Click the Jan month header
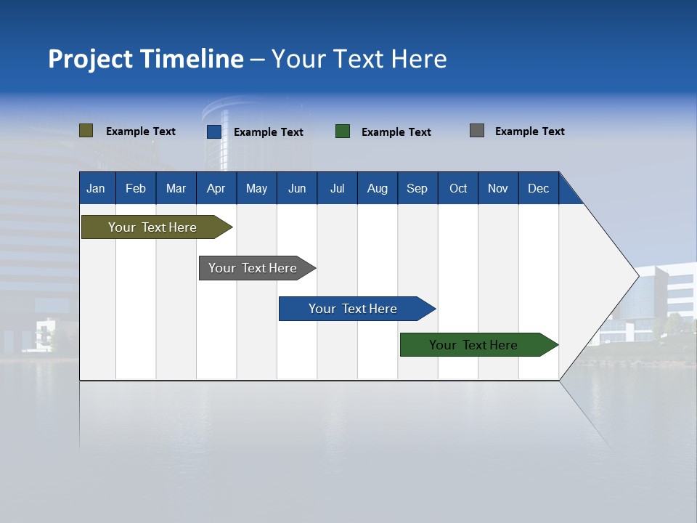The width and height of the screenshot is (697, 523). pyautogui.click(x=96, y=188)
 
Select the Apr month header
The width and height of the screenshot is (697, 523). pyautogui.click(x=216, y=188)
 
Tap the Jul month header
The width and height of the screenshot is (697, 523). pyautogui.click(x=337, y=188)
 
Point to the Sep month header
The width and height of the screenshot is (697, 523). pyautogui.click(x=417, y=188)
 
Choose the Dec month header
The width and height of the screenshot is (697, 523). pyautogui.click(x=538, y=188)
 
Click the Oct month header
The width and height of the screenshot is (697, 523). pyautogui.click(x=457, y=188)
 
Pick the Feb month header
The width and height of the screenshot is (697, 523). pyautogui.click(x=136, y=188)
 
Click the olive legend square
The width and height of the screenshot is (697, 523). pyautogui.click(x=86, y=131)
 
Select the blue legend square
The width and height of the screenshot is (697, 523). pyautogui.click(x=214, y=131)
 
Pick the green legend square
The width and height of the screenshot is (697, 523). pyautogui.click(x=343, y=131)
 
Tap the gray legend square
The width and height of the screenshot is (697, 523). pyautogui.click(x=477, y=131)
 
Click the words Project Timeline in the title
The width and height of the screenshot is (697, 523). pyautogui.click(x=145, y=59)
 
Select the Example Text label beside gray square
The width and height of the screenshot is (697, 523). pyautogui.click(x=529, y=131)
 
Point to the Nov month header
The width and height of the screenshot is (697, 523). pyautogui.click(x=497, y=188)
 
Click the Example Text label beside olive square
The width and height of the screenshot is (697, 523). pyautogui.click(x=140, y=131)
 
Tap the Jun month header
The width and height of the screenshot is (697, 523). pyautogui.click(x=296, y=188)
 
